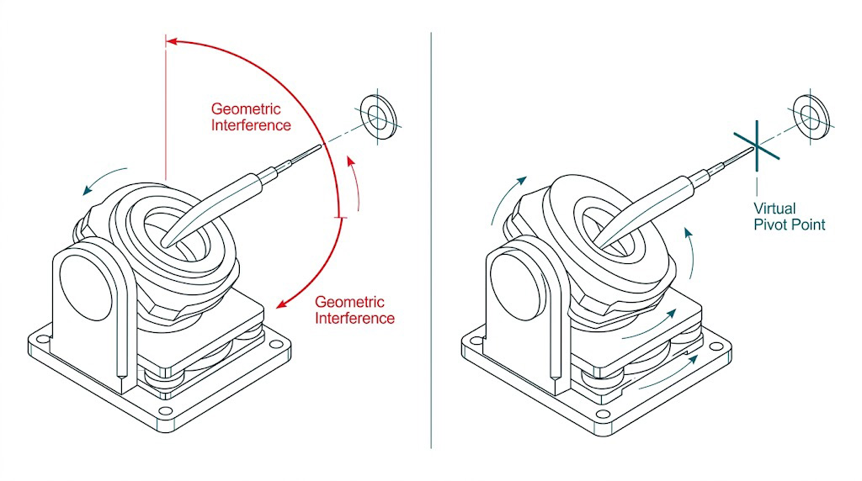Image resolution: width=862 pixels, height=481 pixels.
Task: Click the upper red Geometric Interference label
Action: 251,117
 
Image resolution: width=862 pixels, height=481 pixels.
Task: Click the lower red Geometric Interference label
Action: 354,310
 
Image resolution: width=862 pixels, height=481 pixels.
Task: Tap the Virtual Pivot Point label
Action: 789,216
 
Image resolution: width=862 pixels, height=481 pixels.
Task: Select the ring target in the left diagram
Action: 380,115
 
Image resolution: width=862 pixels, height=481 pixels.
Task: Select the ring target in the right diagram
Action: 813,114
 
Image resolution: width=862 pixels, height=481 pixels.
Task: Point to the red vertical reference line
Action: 167,109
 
